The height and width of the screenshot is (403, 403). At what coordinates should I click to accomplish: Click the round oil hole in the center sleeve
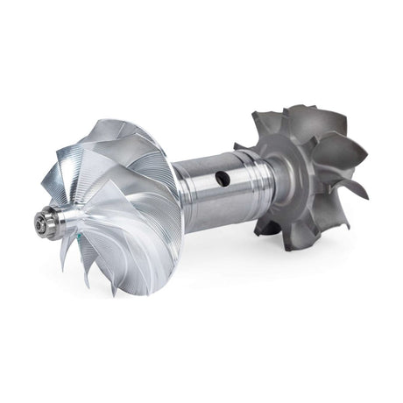pos(223,178)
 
